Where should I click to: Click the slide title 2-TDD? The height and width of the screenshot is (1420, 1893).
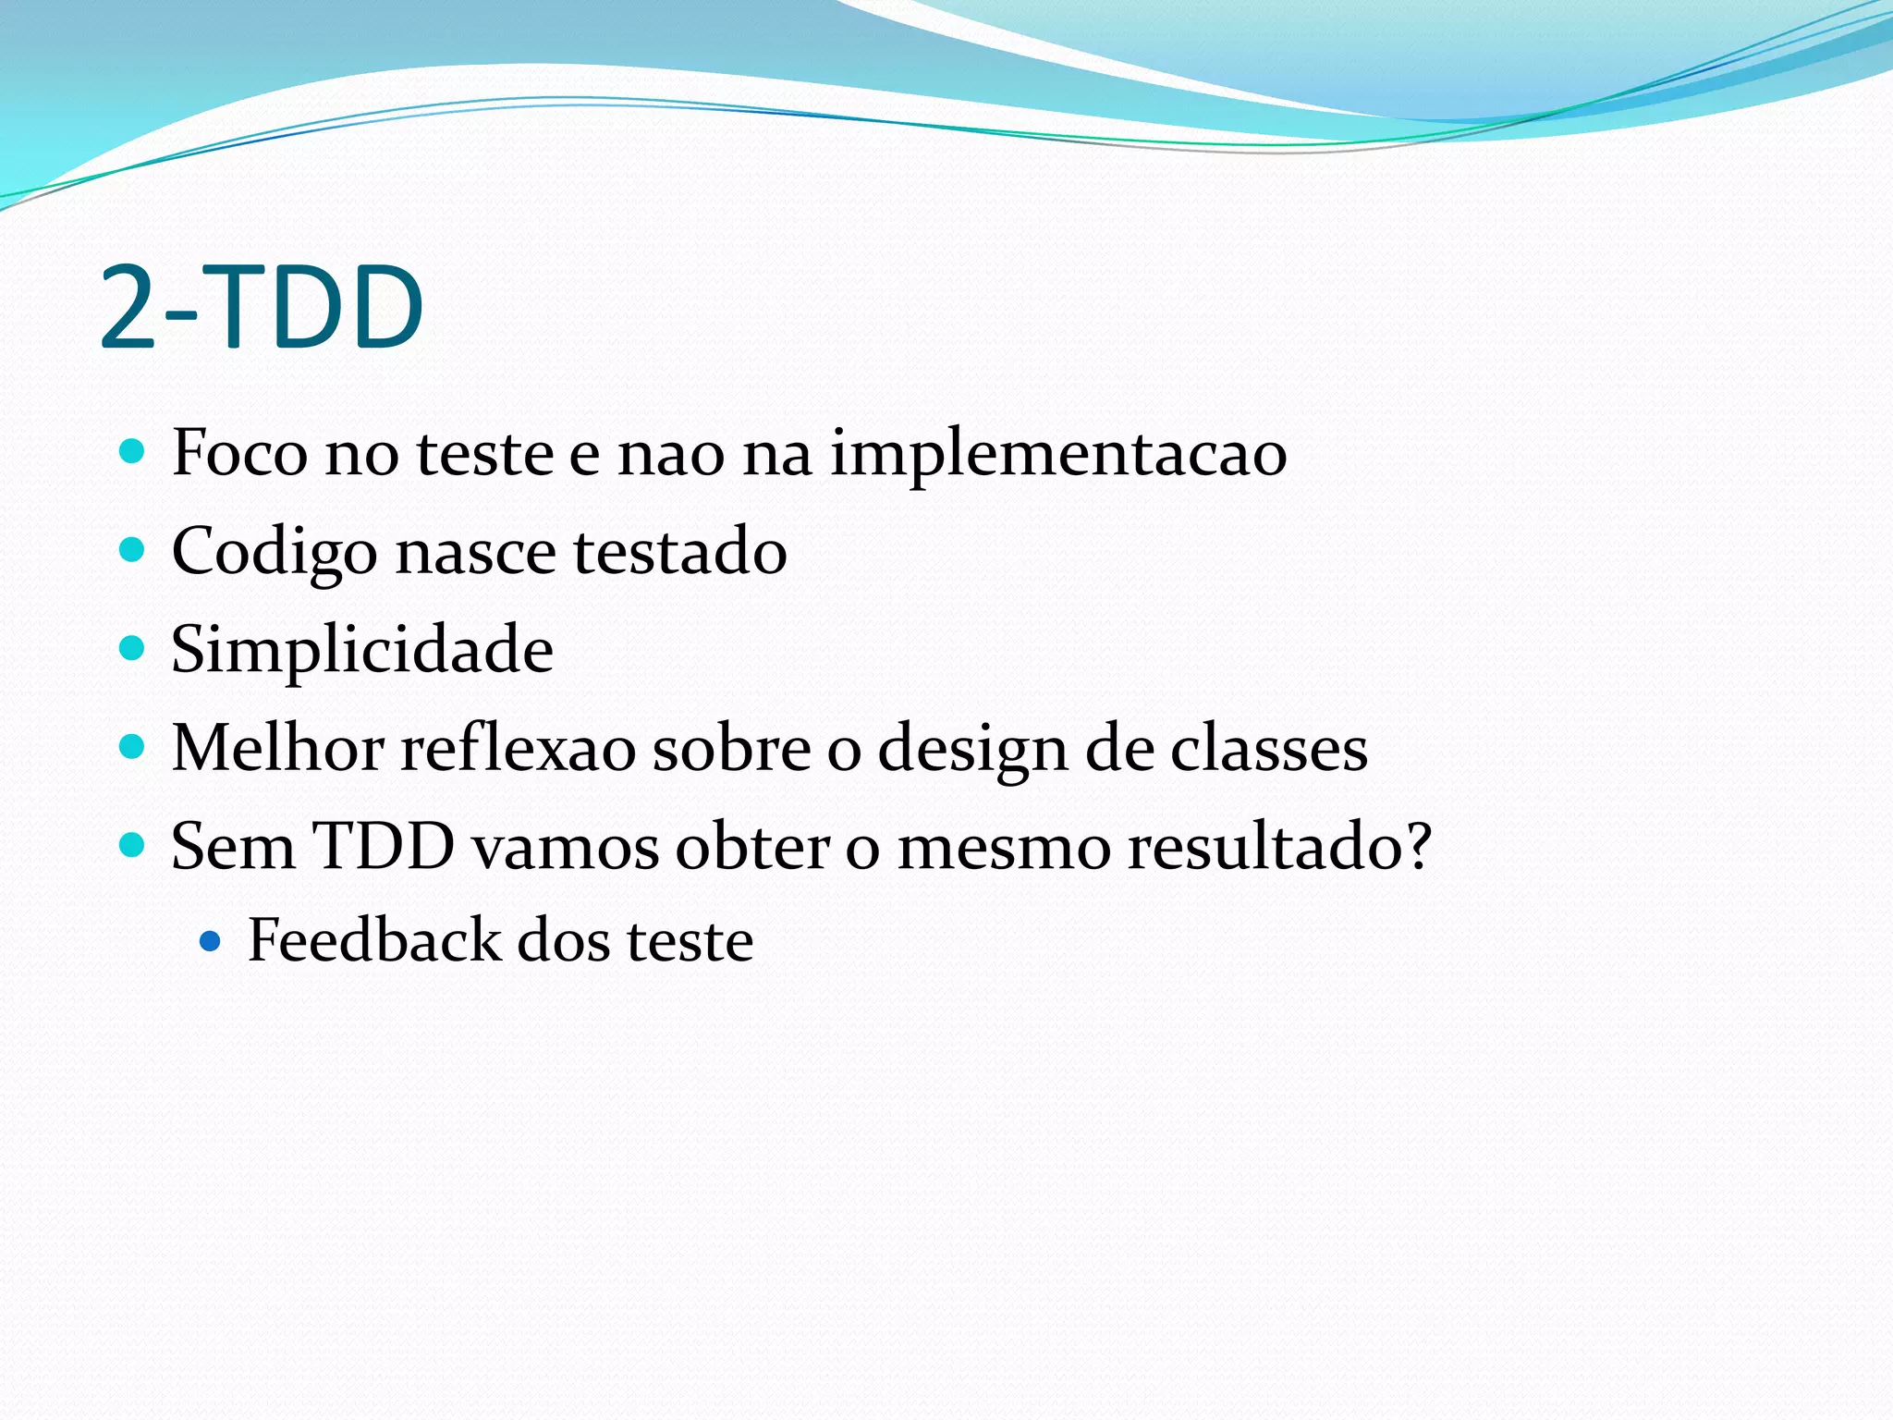coord(261,307)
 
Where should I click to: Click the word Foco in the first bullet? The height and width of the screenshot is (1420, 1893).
coord(238,453)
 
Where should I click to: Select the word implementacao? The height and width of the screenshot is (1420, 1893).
coord(1057,455)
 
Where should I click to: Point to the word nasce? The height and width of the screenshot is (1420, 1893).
coord(475,552)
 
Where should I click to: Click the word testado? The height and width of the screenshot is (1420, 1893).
coord(679,552)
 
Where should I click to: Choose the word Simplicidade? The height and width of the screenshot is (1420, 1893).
coord(361,650)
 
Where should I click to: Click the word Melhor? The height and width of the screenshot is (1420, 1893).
coord(277,747)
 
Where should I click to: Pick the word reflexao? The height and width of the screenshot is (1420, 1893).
coord(518,747)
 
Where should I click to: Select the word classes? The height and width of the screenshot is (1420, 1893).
coord(1268,748)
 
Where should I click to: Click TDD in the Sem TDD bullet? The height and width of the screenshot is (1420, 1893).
coord(384,845)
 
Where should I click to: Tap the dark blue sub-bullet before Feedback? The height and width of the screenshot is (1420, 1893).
coord(211,942)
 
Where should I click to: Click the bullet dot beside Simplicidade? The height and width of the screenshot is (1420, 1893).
coord(133,648)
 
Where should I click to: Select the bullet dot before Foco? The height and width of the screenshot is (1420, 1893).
coord(133,451)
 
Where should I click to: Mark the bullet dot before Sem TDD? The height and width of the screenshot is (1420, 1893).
coord(133,844)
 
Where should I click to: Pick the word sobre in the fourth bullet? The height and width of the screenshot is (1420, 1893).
coord(730,747)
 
